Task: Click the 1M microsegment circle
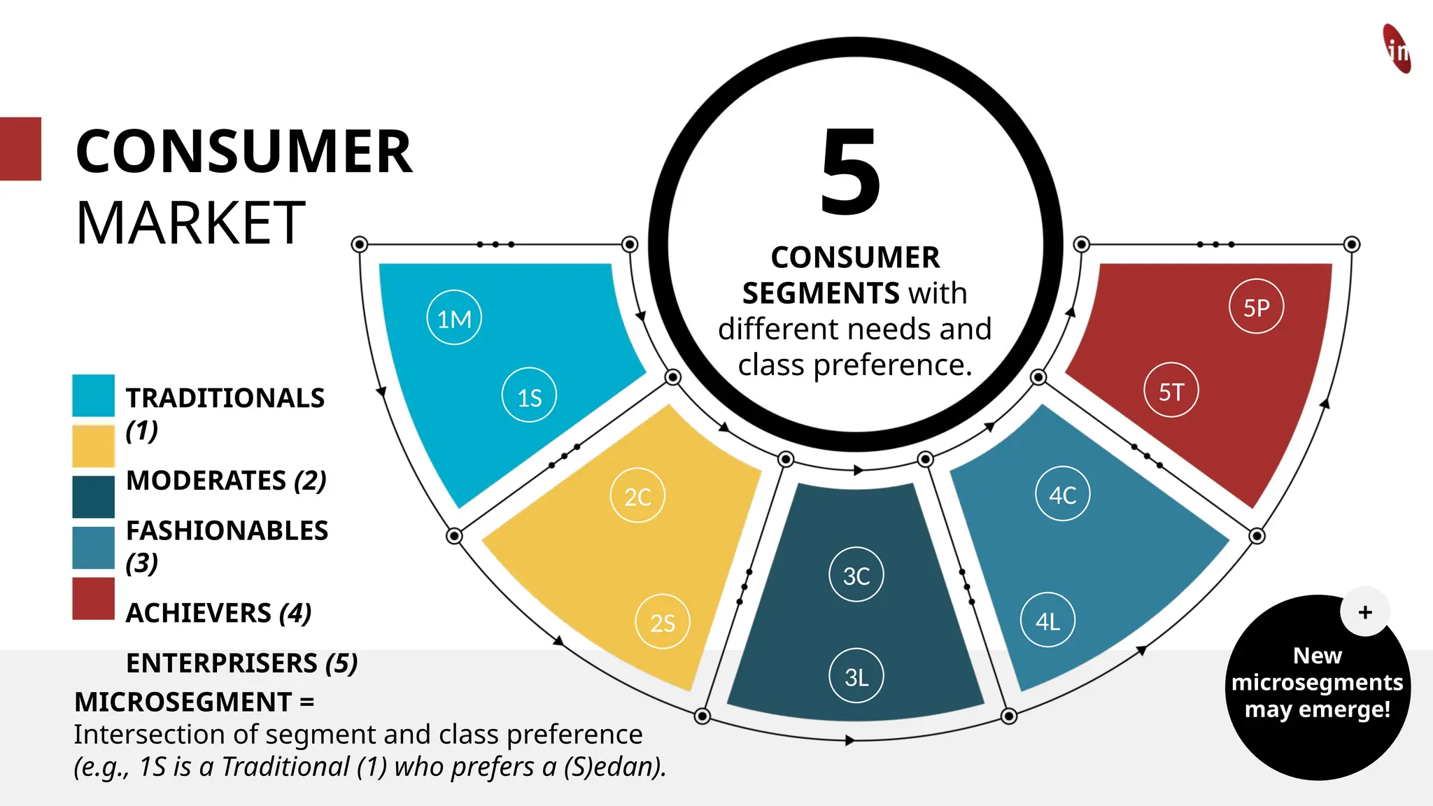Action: [454, 318]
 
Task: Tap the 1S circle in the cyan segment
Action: [529, 395]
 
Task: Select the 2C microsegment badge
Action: [637, 495]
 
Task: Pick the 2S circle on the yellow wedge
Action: [662, 622]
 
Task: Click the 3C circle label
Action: [856, 575]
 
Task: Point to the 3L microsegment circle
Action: [856, 676]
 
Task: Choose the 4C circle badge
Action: [1062, 494]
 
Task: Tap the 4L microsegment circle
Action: [1047, 620]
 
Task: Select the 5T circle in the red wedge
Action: [1171, 390]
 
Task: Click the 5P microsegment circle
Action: [1256, 306]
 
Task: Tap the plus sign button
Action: [1364, 612]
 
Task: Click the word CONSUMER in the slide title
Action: [243, 152]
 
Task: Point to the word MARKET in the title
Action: [190, 223]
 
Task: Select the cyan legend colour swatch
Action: [93, 396]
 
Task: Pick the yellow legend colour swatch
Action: [93, 446]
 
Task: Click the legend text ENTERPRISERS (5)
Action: [241, 663]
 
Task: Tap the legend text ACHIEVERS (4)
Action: [218, 613]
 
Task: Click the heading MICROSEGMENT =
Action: [194, 702]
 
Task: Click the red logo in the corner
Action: [1397, 49]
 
